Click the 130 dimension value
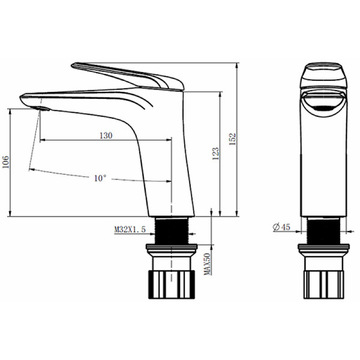click(x=106, y=136)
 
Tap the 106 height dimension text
click(x=6, y=162)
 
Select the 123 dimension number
click(x=215, y=154)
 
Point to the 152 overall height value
click(x=232, y=139)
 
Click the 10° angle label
click(x=100, y=178)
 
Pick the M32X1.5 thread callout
click(x=130, y=229)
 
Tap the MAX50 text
click(x=208, y=264)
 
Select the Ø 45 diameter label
click(x=281, y=227)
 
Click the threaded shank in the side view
click(x=172, y=230)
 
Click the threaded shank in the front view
click(x=323, y=230)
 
